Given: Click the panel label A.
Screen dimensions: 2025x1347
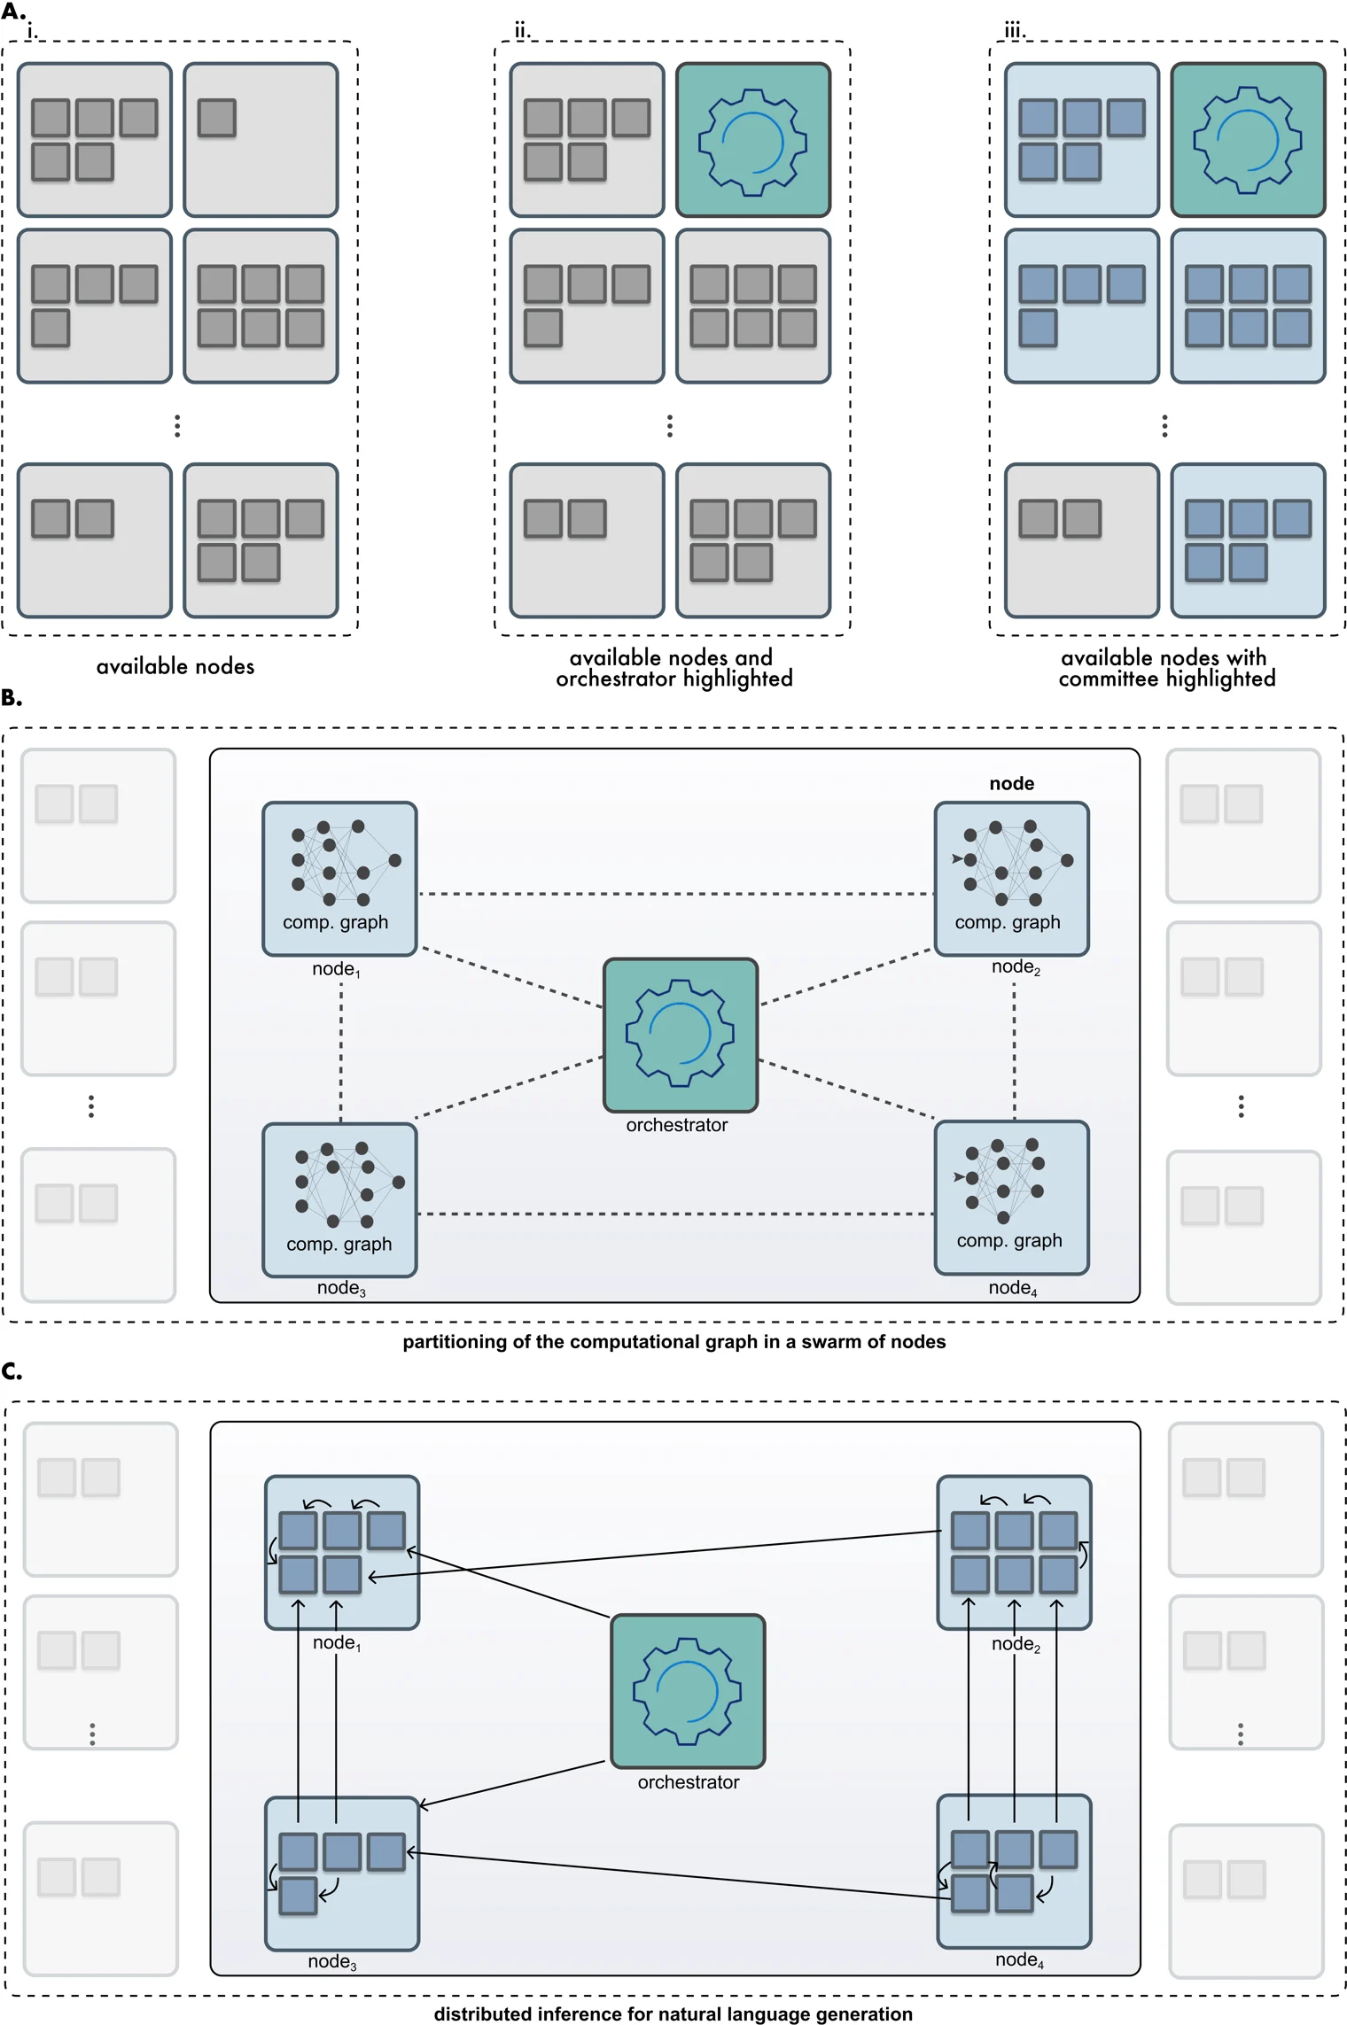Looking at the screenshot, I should pos(12,12).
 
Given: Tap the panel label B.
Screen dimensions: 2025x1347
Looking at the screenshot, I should pos(12,698).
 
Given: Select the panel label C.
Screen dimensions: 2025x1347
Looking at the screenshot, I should pos(12,1371).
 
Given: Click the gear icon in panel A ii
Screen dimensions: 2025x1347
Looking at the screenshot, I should pos(752,140).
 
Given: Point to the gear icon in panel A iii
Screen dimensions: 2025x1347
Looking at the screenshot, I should pos(1247,139).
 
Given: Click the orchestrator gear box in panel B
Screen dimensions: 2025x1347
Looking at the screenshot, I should pos(680,1035).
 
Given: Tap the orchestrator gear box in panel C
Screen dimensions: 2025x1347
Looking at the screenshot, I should pos(687,1691).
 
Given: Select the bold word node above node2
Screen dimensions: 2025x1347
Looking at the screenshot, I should pos(1011,784).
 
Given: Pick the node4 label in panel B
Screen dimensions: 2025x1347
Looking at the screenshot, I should pos(1012,1288).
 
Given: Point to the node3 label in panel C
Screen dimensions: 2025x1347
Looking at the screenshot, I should pos(332,1962).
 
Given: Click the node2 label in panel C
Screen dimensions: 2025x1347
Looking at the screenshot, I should pos(1016,1644).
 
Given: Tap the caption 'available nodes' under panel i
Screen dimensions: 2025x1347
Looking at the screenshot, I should pos(175,667).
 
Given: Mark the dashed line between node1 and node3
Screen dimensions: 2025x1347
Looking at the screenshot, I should pos(341,1054).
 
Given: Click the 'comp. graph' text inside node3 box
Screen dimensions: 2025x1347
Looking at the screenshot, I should pos(339,1244).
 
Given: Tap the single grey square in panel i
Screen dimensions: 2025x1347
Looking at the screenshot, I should pos(216,118).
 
